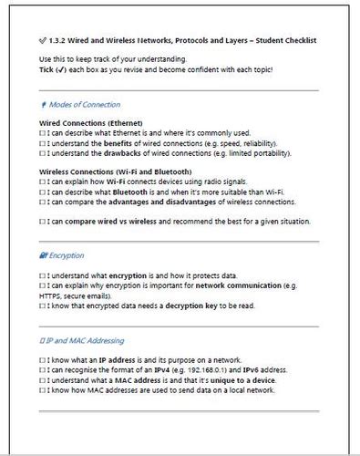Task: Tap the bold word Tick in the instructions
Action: pyautogui.click(x=48, y=69)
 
